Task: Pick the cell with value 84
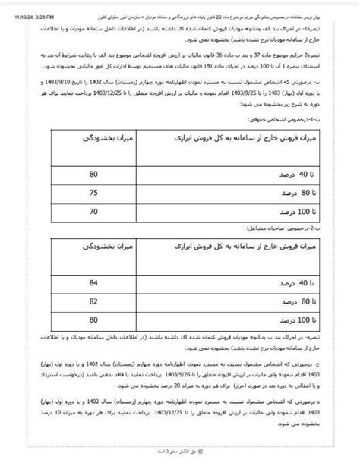[93, 282]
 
